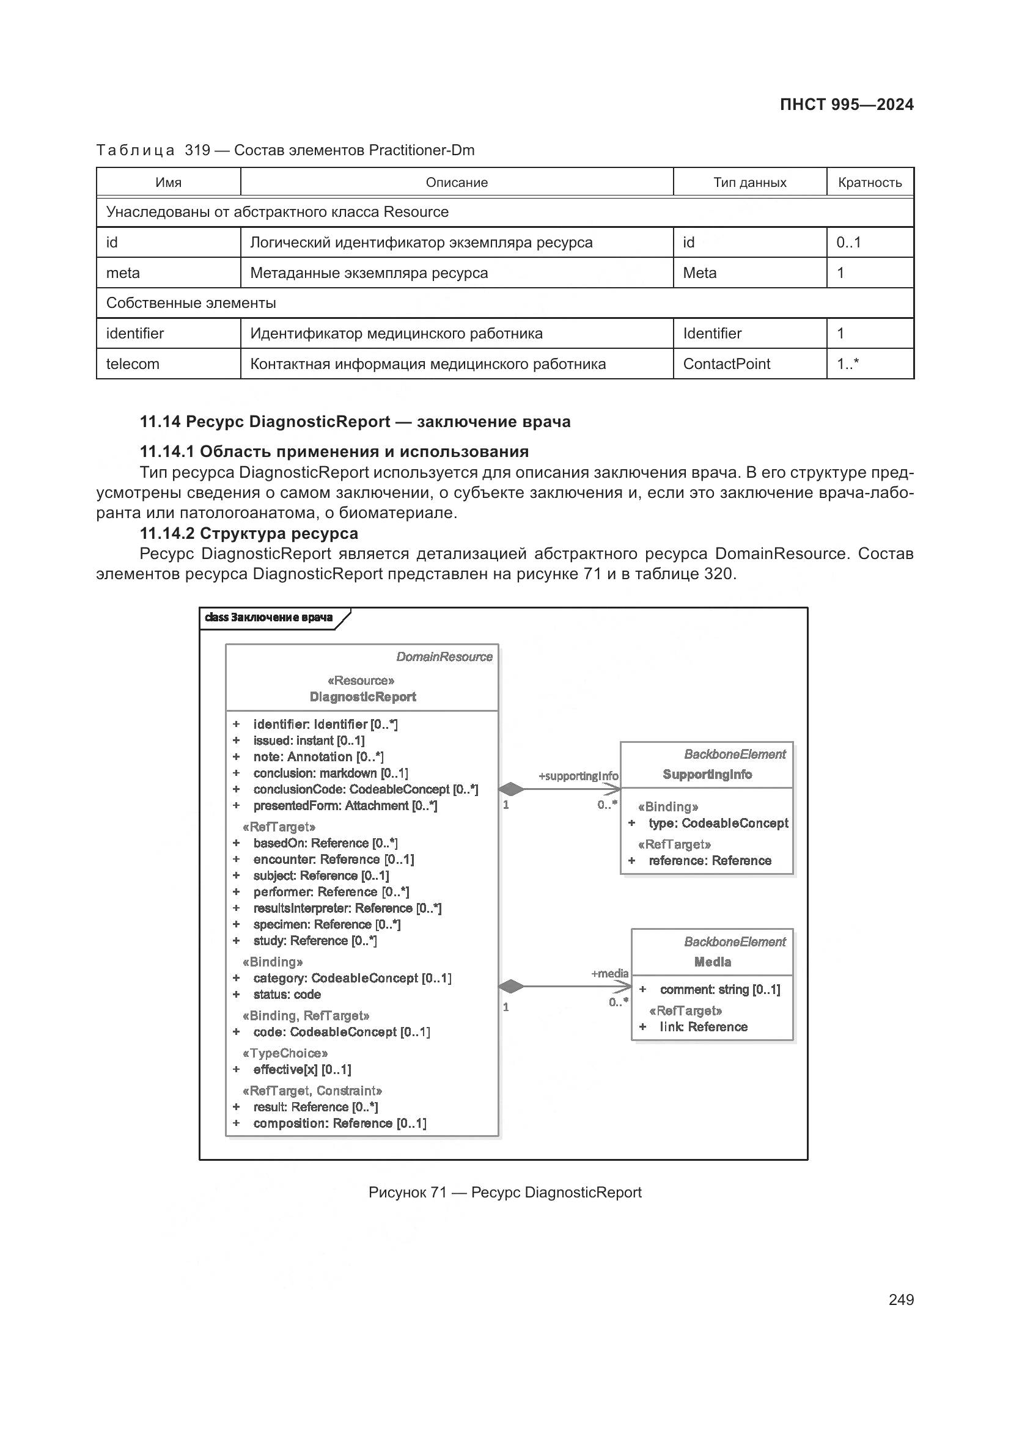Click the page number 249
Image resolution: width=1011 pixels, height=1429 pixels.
click(x=901, y=1299)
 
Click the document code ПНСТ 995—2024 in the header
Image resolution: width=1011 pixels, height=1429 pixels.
click(x=846, y=104)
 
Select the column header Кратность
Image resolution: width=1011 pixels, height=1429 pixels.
click(x=869, y=182)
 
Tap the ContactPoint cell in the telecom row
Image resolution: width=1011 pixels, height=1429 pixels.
click(x=726, y=364)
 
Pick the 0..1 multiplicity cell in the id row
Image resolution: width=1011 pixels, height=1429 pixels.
click(x=848, y=242)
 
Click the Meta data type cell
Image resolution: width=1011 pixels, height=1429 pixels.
click(x=699, y=272)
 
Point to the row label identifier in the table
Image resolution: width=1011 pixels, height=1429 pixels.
click(x=135, y=334)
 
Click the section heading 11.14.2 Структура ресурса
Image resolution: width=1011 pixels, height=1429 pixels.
click(x=248, y=533)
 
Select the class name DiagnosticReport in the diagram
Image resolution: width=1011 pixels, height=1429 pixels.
click(x=362, y=697)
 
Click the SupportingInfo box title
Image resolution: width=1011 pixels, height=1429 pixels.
click(x=707, y=774)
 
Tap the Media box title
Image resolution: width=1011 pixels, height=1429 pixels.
click(x=712, y=962)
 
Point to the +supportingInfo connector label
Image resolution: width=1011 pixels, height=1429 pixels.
click(x=578, y=776)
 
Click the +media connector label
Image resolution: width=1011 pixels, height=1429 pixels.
click(x=609, y=973)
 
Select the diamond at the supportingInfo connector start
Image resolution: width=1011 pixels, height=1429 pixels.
click(x=511, y=789)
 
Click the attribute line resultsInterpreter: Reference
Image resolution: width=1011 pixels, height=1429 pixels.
click(x=347, y=908)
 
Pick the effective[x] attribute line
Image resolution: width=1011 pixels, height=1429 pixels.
click(x=302, y=1069)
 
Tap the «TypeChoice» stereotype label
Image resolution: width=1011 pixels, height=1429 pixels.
click(x=285, y=1053)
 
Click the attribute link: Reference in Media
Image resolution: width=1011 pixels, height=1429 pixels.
click(x=703, y=1027)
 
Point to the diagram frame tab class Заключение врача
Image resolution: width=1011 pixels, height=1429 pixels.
click(x=269, y=618)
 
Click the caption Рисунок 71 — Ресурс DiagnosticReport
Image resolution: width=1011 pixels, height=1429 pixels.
click(x=504, y=1193)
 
